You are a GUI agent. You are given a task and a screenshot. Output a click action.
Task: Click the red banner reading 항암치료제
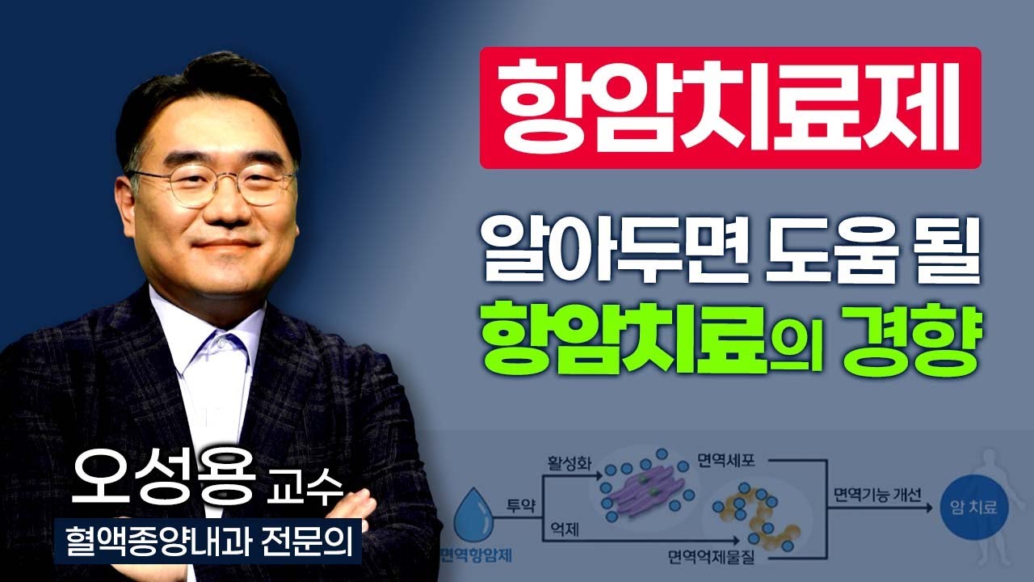[729, 108]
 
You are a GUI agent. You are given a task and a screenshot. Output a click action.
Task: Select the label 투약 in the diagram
[521, 504]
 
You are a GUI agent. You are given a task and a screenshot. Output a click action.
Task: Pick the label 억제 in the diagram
[562, 528]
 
